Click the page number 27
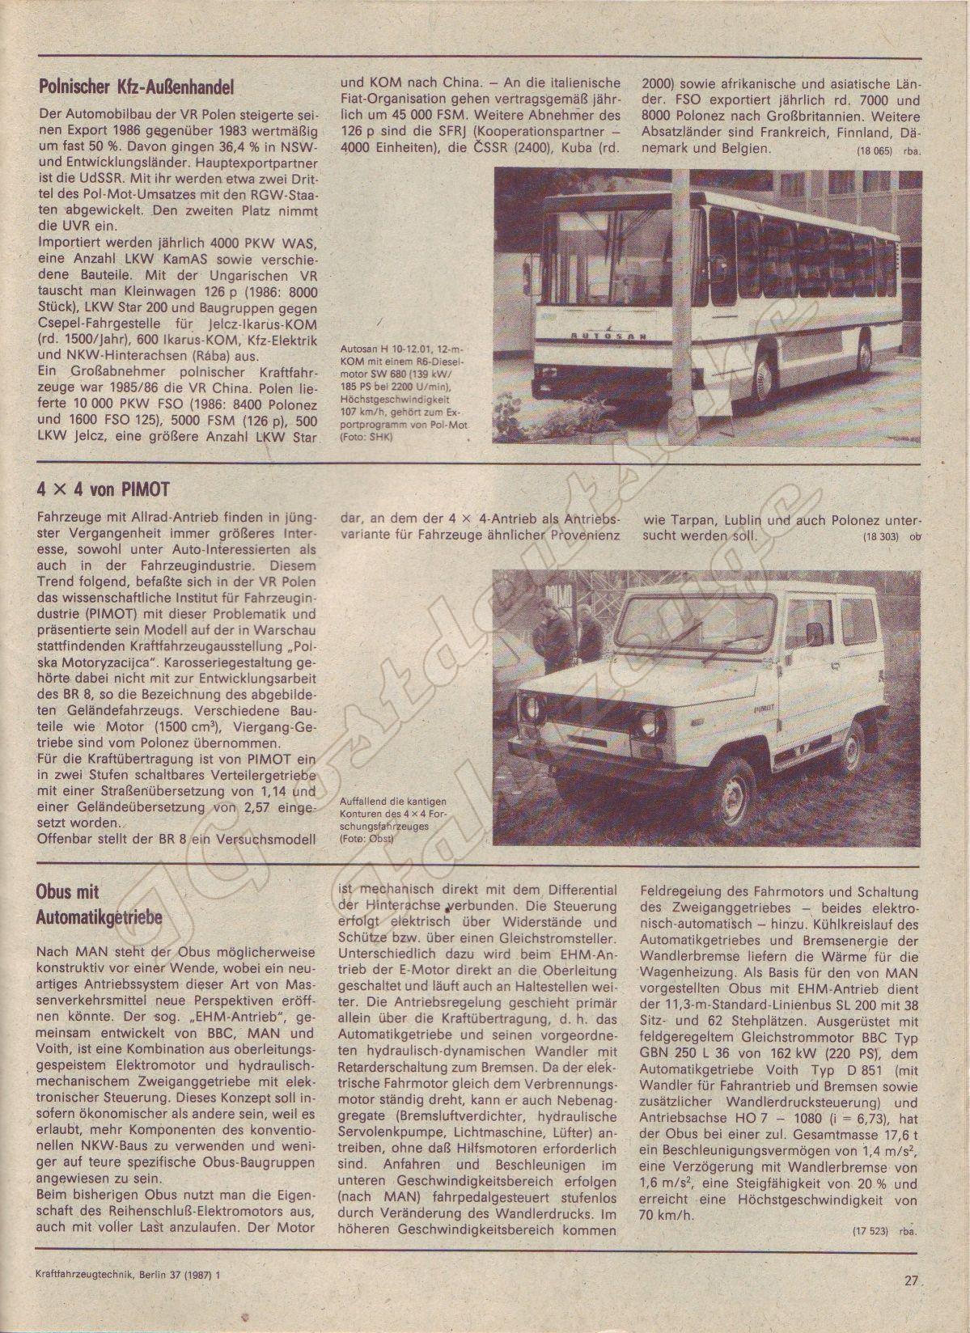tap(913, 1303)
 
